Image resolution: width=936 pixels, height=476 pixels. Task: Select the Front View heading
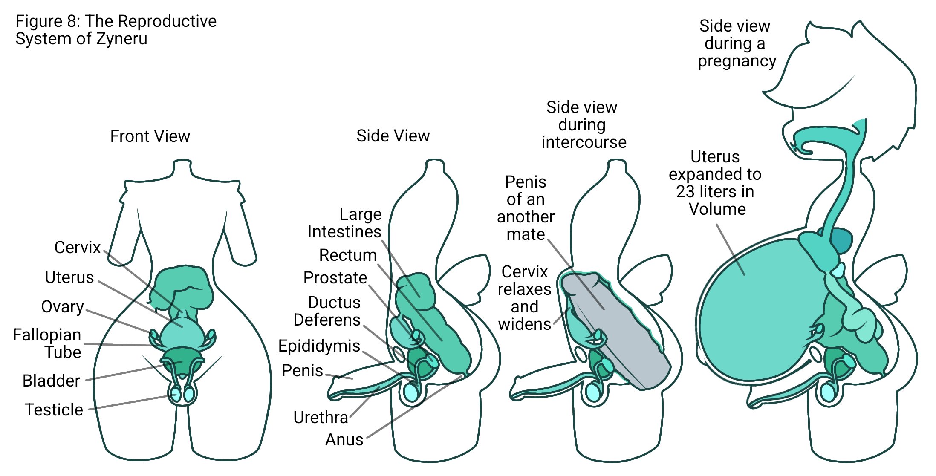click(x=150, y=136)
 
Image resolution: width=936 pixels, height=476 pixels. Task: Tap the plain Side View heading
click(x=393, y=136)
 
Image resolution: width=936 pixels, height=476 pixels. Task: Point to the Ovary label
click(x=63, y=307)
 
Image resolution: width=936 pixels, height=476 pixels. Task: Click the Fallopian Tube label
click(x=47, y=343)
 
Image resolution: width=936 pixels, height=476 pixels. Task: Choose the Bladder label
click(x=51, y=381)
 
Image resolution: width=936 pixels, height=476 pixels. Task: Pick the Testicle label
click(x=54, y=410)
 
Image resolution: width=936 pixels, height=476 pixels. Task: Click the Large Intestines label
click(x=344, y=223)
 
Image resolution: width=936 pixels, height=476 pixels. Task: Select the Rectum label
click(x=348, y=255)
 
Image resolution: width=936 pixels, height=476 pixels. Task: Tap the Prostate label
click(x=335, y=278)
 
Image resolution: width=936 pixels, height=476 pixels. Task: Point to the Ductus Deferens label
click(x=327, y=311)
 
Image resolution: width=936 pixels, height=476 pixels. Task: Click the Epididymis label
click(x=319, y=346)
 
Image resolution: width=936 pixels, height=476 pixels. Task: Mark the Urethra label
click(x=321, y=418)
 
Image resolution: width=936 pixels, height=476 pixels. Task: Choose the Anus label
click(x=344, y=439)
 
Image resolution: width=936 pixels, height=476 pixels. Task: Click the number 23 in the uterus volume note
click(x=685, y=192)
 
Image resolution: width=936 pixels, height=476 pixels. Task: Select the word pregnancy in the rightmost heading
click(x=737, y=61)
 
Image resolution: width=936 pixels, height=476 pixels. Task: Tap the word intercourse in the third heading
click(x=584, y=142)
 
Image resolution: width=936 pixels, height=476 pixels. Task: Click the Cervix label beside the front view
click(x=78, y=248)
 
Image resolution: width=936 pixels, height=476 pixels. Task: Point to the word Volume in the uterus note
click(x=717, y=209)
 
